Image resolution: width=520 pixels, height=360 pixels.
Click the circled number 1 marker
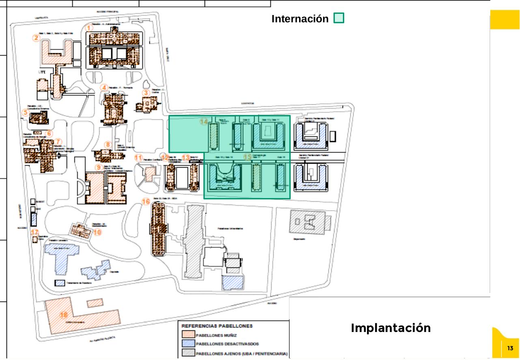coord(90,28)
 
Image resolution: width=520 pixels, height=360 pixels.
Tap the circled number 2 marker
coord(37,38)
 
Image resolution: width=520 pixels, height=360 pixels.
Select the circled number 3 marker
coord(146,93)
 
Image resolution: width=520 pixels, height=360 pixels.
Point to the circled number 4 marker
coord(105,87)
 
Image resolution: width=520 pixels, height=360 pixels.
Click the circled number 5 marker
coord(25,112)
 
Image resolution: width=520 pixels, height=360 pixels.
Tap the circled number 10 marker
coord(97,232)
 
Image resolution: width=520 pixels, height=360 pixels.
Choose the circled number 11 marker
coord(138,157)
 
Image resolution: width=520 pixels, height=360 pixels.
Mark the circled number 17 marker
coord(35,232)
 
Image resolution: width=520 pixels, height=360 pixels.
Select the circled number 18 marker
coord(64,315)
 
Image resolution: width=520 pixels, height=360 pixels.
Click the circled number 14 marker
coord(204,121)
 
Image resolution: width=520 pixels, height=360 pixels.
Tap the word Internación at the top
coord(300,19)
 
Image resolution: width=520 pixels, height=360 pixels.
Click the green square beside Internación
coord(339,18)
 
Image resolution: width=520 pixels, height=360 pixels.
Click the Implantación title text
coord(391,328)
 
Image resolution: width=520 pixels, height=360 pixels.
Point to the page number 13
coord(510,348)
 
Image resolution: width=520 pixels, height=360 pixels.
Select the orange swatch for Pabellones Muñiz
coord(188,335)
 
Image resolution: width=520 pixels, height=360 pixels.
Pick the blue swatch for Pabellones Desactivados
coord(188,344)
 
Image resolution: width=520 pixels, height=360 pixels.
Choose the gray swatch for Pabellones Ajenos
coord(188,353)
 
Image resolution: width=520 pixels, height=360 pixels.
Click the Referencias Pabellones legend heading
coord(217,326)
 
